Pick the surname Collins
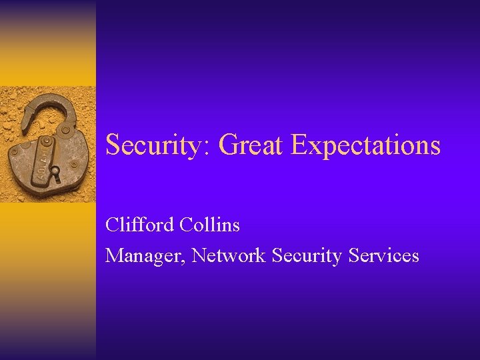point(209,225)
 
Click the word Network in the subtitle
point(229,256)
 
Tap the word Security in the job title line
point(307,256)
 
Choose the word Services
point(384,256)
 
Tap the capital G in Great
point(227,145)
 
